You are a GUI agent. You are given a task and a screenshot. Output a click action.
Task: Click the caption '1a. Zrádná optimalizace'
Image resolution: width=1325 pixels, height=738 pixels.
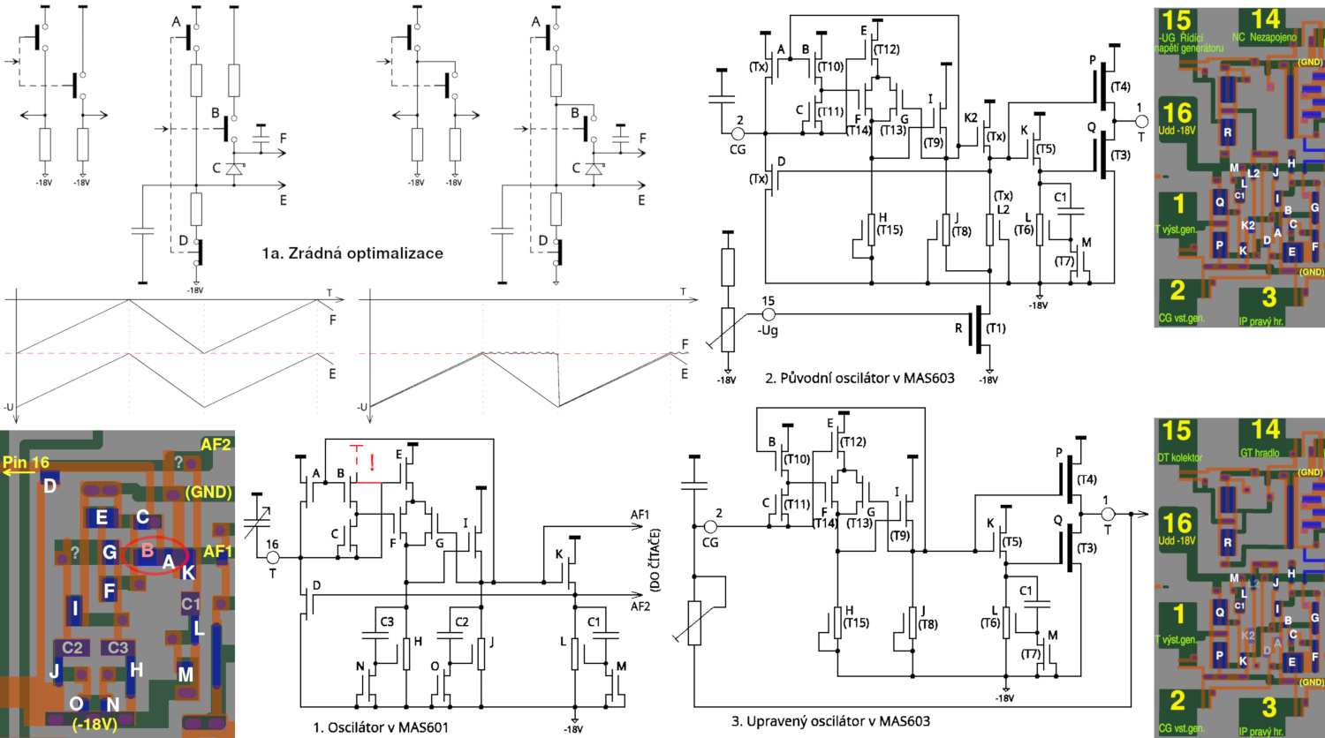[x=352, y=253]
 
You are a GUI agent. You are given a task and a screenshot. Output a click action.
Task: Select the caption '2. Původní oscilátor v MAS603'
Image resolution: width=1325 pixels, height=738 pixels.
[x=859, y=378]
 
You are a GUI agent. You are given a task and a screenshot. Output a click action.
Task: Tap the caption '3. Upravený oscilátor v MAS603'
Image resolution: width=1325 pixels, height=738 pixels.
[x=830, y=721]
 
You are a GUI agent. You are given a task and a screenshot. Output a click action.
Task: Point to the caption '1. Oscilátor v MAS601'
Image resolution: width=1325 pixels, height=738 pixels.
[x=381, y=727]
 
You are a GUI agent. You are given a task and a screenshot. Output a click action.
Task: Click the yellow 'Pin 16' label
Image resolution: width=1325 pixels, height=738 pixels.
[x=26, y=463]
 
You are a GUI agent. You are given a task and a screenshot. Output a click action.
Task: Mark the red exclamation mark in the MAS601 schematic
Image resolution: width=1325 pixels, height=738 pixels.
[x=372, y=462]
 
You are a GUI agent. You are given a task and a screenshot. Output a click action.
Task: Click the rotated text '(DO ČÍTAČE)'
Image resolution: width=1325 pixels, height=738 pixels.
[x=655, y=560]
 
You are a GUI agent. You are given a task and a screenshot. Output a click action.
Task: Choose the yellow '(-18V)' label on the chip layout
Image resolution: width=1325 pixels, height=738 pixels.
[x=95, y=724]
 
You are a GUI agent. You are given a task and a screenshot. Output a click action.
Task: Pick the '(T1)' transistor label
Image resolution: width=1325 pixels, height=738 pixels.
[x=996, y=328]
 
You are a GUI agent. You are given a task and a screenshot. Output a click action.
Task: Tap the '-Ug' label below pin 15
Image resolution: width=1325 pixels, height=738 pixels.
[x=768, y=330]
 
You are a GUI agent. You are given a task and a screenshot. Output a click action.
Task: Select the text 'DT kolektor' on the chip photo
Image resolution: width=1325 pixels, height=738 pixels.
[x=1180, y=457]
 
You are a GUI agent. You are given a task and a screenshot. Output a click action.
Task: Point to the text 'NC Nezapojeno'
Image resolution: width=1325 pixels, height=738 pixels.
[x=1264, y=37]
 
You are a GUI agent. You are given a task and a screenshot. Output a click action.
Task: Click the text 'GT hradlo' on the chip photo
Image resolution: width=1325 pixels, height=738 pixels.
[x=1260, y=453]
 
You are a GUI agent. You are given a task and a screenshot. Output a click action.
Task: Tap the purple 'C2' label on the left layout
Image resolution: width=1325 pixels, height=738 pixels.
[x=72, y=648]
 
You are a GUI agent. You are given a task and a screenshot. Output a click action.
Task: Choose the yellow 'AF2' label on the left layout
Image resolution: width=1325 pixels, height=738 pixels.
[x=216, y=444]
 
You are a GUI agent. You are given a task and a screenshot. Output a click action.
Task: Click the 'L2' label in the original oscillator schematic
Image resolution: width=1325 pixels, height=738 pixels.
[x=1003, y=209]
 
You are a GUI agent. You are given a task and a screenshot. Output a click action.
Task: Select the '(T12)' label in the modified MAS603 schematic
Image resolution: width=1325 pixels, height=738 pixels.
[x=852, y=441]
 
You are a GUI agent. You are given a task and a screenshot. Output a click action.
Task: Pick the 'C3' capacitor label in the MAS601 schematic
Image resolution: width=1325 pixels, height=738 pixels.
[x=387, y=621]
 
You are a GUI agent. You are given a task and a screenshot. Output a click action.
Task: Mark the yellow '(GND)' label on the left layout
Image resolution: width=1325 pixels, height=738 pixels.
[x=208, y=492]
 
